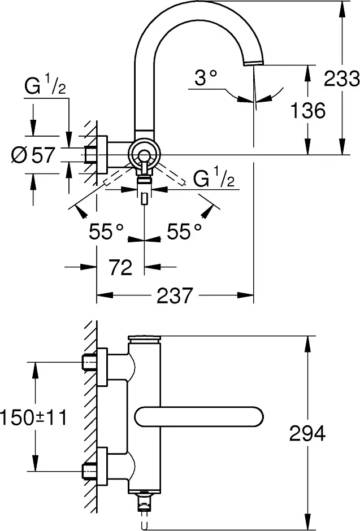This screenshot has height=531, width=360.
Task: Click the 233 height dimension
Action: pyautogui.click(x=341, y=79)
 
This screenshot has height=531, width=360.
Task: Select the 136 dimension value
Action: pyautogui.click(x=308, y=110)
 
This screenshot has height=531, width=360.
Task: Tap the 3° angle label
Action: pyautogui.click(x=206, y=79)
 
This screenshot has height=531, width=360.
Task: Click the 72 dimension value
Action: pyautogui.click(x=120, y=267)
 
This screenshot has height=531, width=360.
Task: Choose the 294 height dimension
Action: pyautogui.click(x=307, y=434)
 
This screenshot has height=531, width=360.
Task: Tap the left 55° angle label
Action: pyautogui.click(x=106, y=230)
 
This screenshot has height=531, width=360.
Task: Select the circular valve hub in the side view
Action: pyautogui.click(x=144, y=154)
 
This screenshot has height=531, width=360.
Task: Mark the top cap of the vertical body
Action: pyautogui.click(x=145, y=338)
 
